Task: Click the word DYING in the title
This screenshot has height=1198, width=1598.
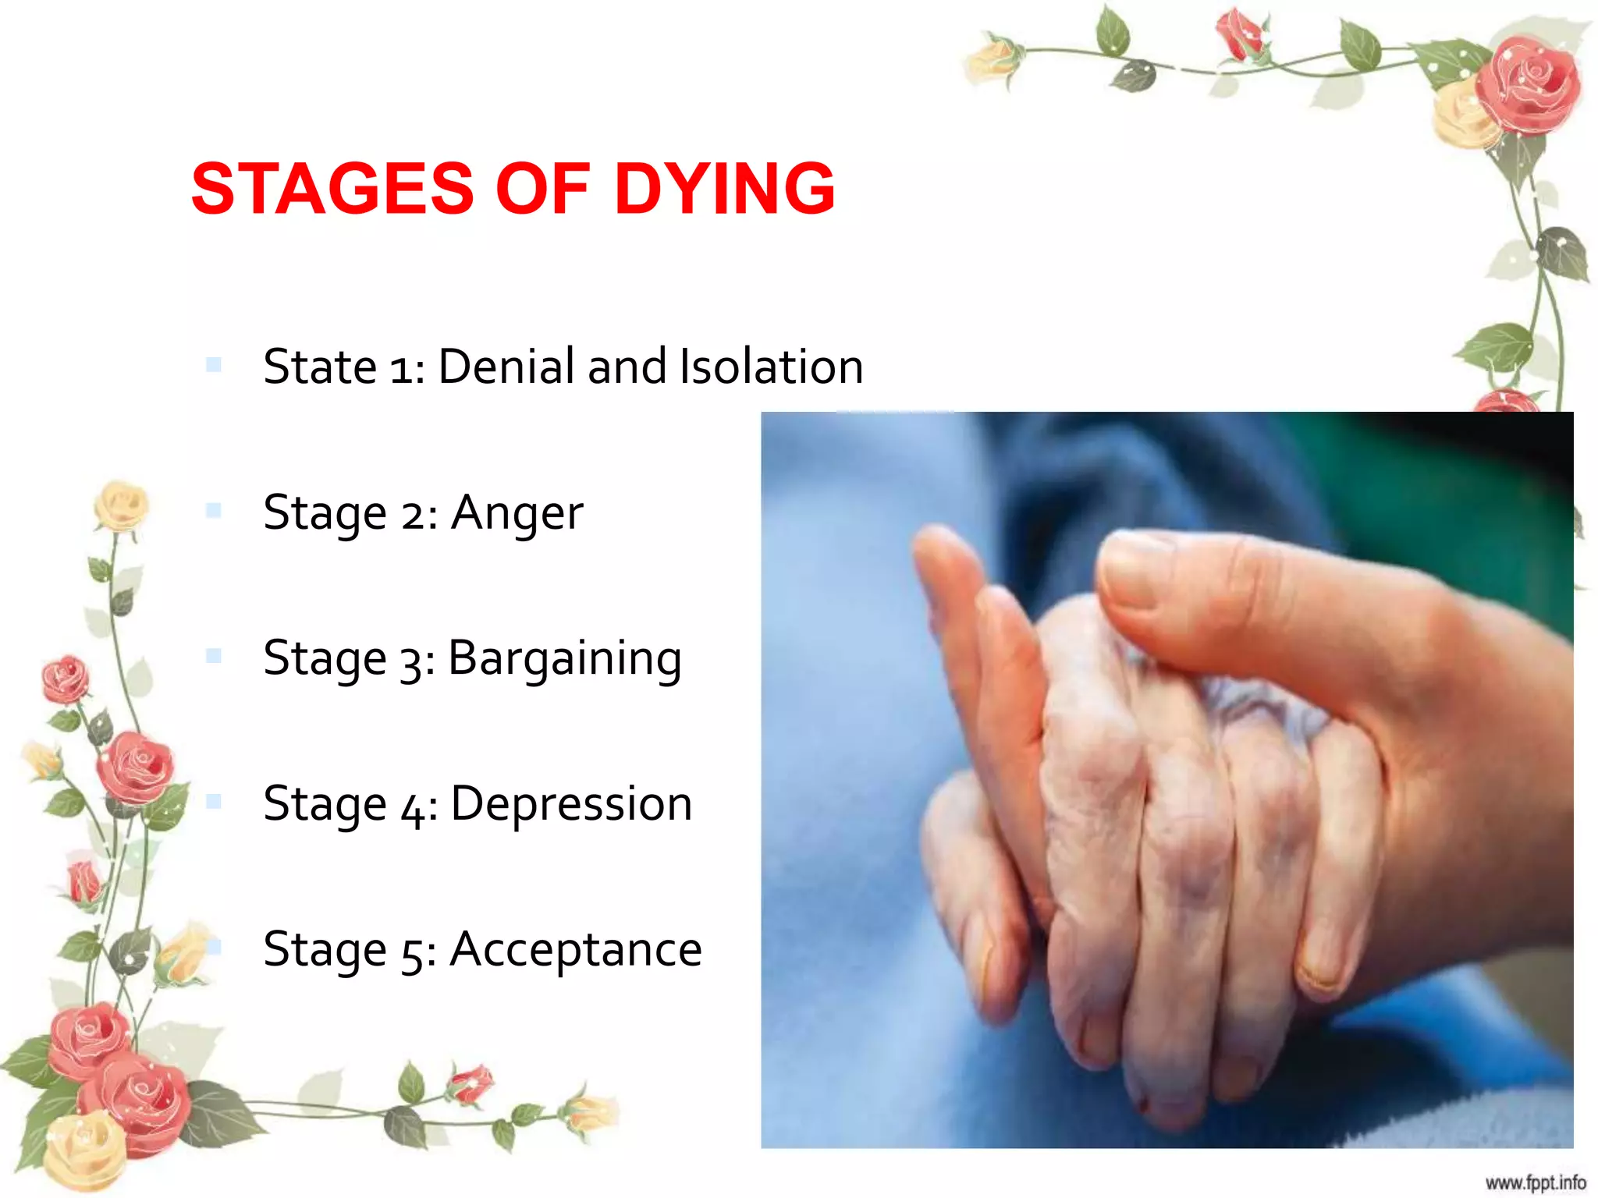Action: click(725, 189)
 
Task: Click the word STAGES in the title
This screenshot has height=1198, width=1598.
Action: click(332, 189)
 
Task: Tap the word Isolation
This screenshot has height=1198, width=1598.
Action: click(771, 366)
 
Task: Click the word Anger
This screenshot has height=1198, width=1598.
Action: click(517, 513)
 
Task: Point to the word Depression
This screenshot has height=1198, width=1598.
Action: click(571, 803)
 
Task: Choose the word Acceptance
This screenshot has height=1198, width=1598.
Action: click(576, 950)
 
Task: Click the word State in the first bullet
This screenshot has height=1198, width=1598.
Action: click(320, 366)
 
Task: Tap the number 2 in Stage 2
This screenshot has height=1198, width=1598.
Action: click(413, 515)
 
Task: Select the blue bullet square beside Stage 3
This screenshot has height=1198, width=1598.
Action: click(214, 656)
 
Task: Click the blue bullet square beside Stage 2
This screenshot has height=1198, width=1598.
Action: click(214, 511)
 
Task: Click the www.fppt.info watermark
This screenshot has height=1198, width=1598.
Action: click(1535, 1182)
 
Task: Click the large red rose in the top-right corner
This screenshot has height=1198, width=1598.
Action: click(1528, 86)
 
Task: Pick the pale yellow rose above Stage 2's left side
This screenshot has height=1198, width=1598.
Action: click(121, 505)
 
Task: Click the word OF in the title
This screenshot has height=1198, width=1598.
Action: click(542, 189)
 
